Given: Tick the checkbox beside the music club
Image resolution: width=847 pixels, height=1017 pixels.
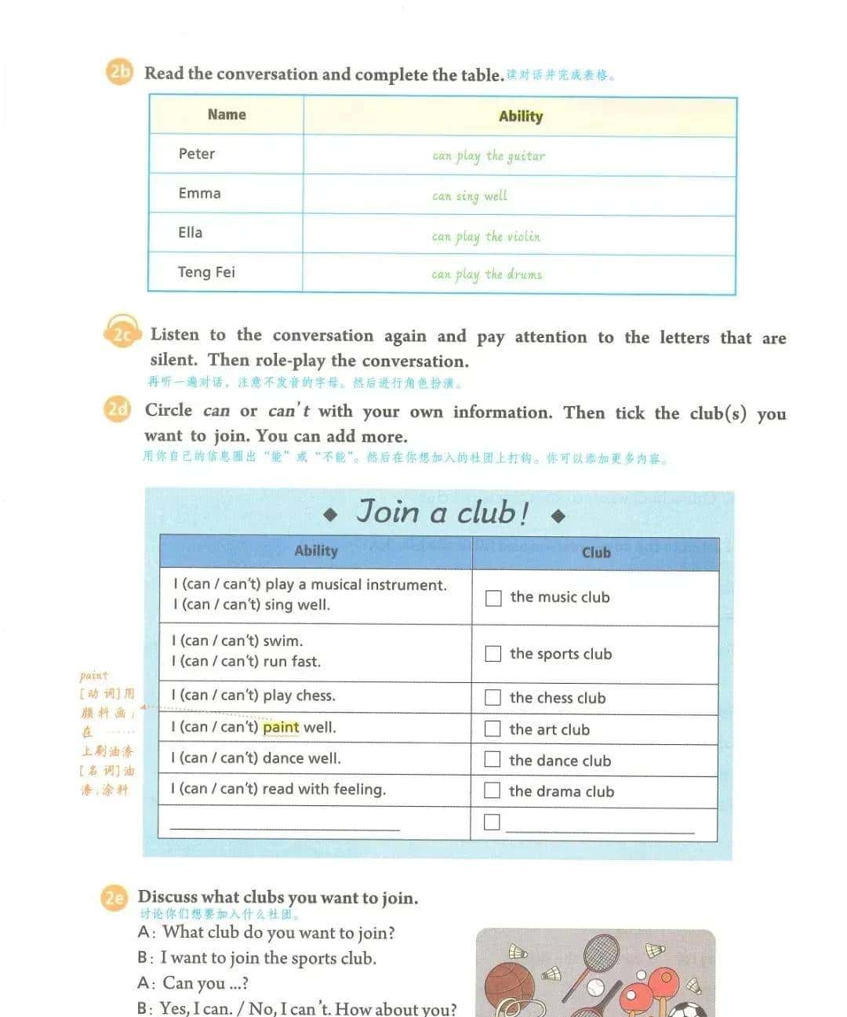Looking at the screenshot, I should [493, 598].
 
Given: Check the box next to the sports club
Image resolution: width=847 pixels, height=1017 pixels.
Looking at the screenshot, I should [493, 654].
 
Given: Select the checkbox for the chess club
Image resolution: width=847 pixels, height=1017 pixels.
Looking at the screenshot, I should [493, 698].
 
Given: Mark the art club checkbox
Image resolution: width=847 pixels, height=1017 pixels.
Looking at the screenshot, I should [493, 729].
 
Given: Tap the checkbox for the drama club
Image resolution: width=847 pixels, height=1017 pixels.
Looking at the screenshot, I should [492, 790].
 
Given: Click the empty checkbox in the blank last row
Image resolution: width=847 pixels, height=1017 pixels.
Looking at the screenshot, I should [492, 822].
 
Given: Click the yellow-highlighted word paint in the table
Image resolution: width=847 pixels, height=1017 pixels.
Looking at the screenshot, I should [281, 728].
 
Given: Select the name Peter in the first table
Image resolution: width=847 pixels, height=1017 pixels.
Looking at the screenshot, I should [196, 154].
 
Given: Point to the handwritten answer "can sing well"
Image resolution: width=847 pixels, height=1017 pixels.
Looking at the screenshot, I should [470, 196].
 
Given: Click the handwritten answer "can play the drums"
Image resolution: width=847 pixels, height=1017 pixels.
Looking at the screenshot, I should [486, 274].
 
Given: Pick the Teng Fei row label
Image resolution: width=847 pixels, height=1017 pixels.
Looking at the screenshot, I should [206, 272].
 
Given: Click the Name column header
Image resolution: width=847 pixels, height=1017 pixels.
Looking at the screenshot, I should [227, 114].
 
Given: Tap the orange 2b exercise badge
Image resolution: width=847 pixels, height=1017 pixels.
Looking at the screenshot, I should [119, 73].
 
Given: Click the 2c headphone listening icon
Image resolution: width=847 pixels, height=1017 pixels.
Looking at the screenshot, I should [122, 335].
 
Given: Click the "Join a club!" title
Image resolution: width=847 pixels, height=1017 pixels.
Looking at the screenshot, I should [443, 513].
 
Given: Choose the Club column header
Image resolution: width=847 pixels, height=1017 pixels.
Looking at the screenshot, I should [596, 553].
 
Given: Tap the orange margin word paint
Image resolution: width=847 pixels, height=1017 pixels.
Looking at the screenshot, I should [93, 675].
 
